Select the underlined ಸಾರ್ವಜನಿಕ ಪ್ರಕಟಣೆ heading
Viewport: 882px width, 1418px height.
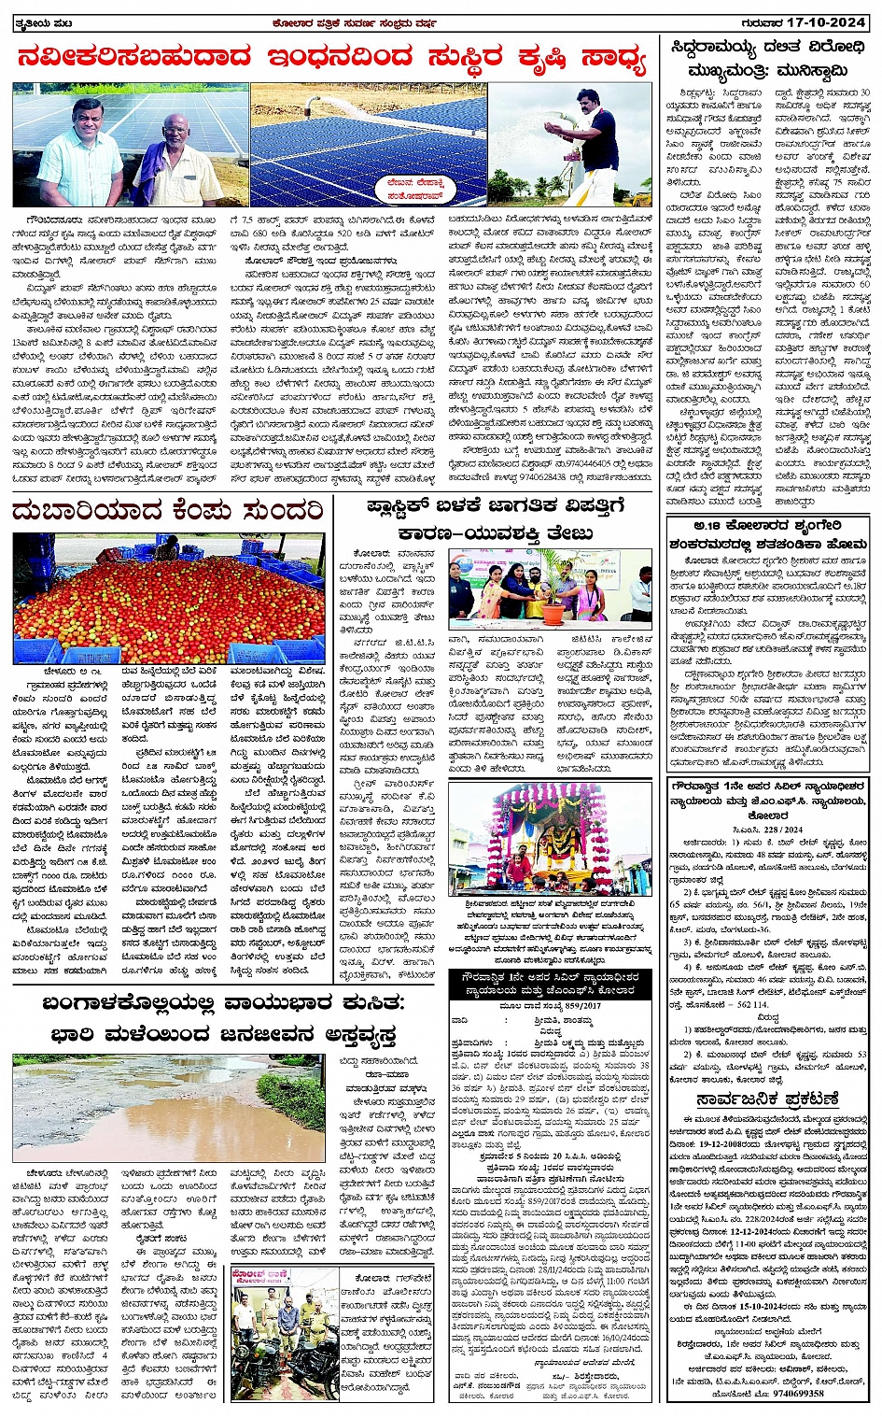coord(767,1099)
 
